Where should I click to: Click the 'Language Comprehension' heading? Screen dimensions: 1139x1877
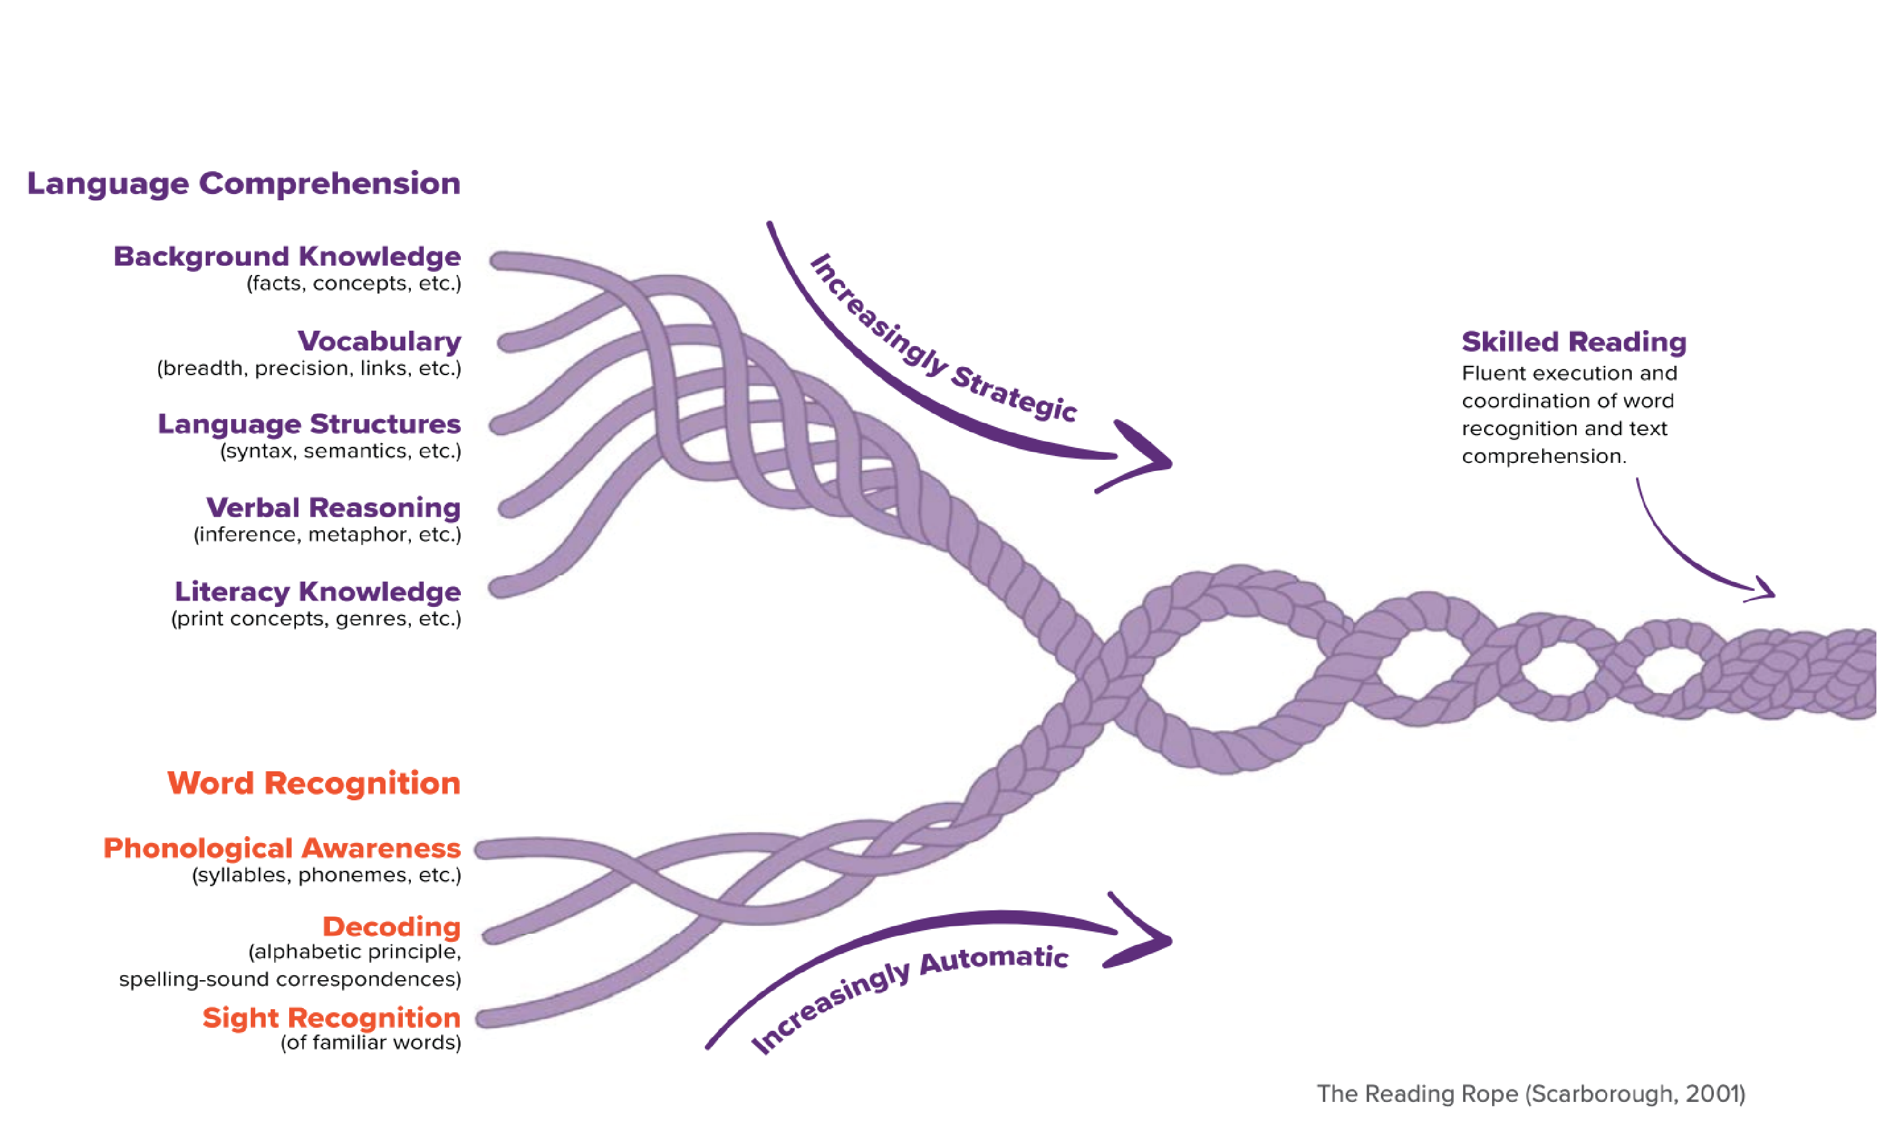point(244,184)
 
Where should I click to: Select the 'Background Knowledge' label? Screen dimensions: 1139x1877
point(287,256)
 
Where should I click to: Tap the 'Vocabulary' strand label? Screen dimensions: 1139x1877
point(379,341)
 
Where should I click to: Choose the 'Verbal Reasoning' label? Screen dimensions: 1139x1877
point(334,507)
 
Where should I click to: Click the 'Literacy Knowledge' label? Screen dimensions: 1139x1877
point(318,591)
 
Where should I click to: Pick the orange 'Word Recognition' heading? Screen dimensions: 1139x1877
point(314,783)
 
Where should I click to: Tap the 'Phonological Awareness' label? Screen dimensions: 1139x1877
point(282,848)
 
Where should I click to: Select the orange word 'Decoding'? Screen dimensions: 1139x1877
point(392,926)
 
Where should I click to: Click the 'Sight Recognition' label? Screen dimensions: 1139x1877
point(331,1017)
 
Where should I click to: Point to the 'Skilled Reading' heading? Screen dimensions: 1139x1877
point(1574,342)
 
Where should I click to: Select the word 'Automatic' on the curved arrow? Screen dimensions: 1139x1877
point(994,959)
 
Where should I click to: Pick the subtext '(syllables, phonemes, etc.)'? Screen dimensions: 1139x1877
point(327,874)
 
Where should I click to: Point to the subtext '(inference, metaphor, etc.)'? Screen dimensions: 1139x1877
point(327,534)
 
